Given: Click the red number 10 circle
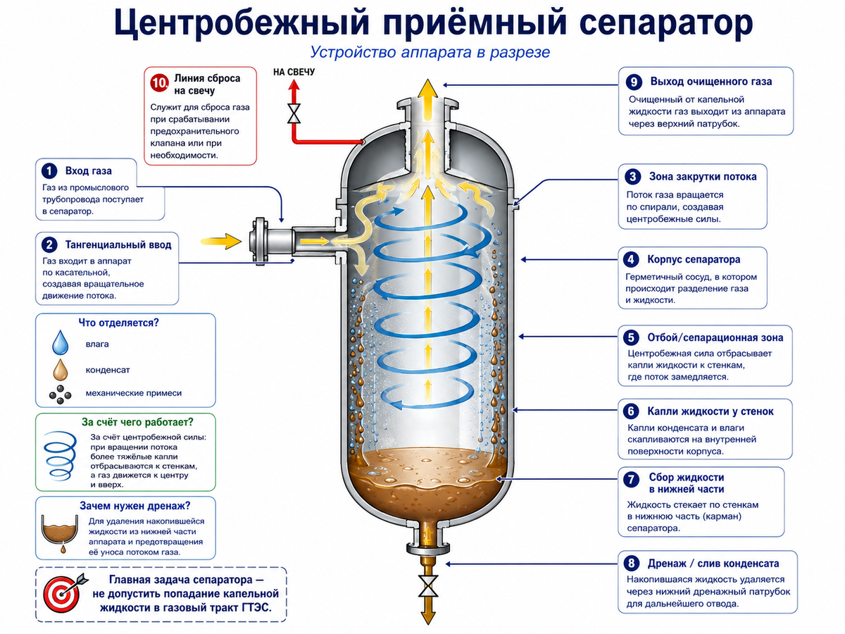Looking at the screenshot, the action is coord(159,82).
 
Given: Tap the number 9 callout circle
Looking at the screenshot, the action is coord(634,82).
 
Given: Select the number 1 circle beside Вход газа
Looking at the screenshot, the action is coord(49,171).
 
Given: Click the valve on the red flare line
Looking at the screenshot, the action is coord(294,113).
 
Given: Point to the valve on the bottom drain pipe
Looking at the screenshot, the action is coord(427,586).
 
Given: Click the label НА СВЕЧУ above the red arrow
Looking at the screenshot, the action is coord(294,72).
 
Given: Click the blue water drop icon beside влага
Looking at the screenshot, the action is coord(61,342).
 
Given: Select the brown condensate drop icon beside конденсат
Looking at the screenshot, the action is coord(61,370).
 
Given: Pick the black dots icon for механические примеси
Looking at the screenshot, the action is coord(60,394).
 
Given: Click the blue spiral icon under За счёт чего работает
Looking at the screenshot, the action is coord(60,455).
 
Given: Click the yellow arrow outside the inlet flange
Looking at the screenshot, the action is coord(221,242).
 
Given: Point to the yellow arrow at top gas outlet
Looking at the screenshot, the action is coord(427,100).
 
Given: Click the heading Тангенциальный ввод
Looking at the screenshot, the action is coord(118,245).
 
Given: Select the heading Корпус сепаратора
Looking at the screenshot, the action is coord(694,259).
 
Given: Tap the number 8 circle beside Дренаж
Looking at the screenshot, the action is coord(632,564).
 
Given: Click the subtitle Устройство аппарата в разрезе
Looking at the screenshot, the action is coord(430,52).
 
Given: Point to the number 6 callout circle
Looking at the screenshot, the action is coord(631,411).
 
